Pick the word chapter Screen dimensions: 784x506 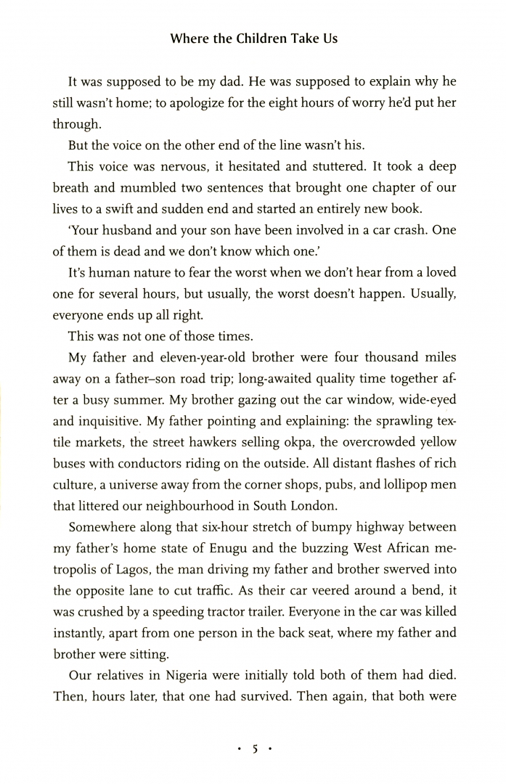pos(352,187)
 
